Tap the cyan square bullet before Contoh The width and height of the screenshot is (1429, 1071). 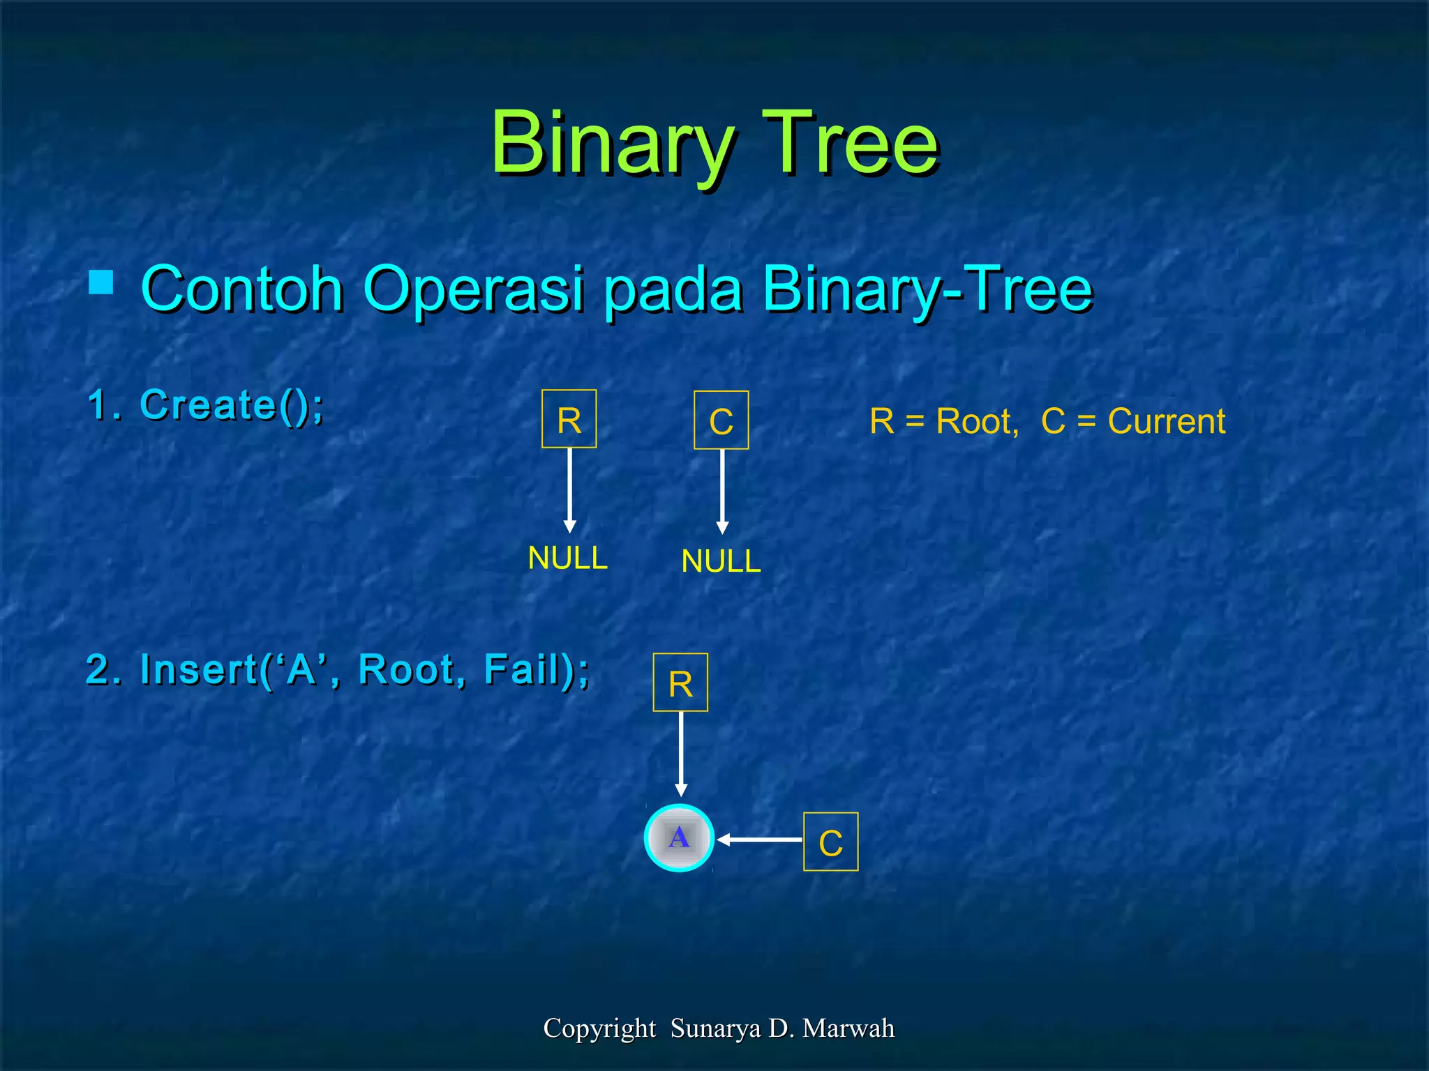coord(102,282)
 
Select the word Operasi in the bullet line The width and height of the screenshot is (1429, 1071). coord(473,289)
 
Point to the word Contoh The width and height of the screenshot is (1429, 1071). coord(241,289)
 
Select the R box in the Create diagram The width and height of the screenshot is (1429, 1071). coord(569,419)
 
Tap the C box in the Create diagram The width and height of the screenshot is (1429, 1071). coord(721,420)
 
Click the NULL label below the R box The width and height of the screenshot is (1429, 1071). coord(567,558)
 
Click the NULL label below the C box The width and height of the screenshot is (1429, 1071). coord(721,561)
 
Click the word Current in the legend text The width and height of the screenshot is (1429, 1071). coord(1166,421)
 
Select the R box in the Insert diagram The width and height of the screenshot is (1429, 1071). coord(680,683)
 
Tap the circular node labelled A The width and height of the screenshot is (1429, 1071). coord(679,838)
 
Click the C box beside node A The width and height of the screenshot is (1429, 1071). coord(830,842)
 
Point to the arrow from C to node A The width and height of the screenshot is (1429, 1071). coord(761,840)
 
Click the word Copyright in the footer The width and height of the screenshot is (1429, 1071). coord(599,1028)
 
